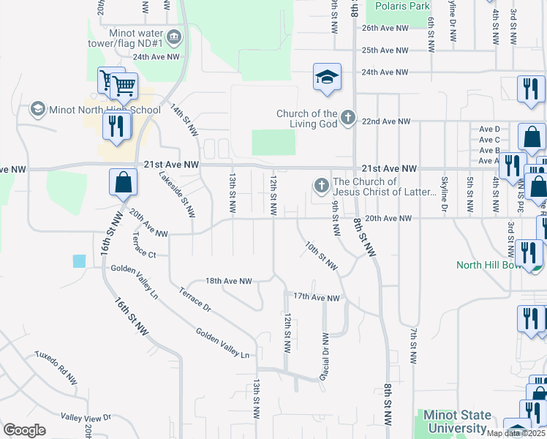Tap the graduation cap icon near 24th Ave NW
coord(327,77)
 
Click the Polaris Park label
coord(402,6)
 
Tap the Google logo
coord(24,430)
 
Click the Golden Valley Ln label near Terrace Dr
coord(222,342)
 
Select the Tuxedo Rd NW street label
coord(56,367)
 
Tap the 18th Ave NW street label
coord(228,281)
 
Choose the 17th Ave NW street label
coord(317,298)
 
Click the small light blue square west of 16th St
coord(79,261)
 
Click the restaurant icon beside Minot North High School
coord(116,126)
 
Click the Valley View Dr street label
coord(86,418)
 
